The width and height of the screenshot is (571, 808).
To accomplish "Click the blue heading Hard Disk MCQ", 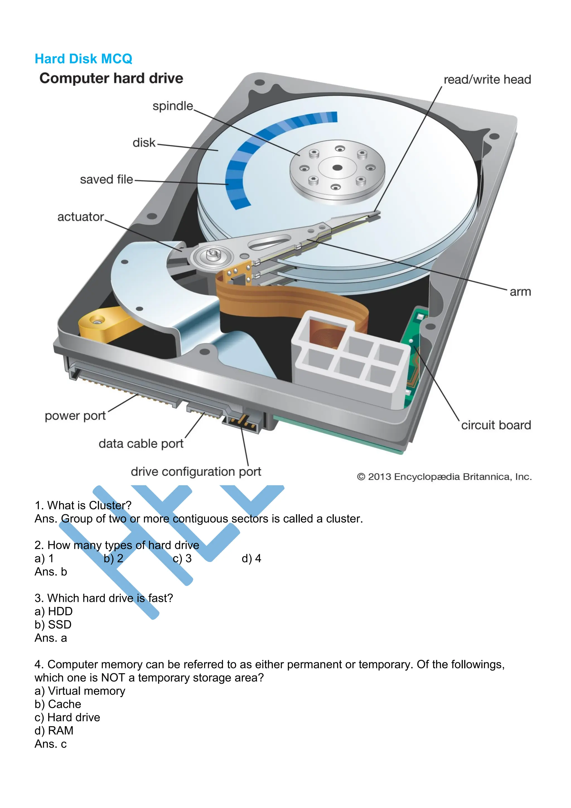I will coord(83,59).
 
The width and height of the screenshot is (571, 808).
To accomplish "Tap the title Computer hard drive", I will coord(111,78).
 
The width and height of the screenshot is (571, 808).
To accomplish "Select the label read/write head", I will coord(487,80).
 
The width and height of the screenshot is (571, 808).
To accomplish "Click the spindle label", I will coord(173,106).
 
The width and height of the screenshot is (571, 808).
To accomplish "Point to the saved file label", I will coord(107,179).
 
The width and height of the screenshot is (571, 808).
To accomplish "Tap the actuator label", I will coord(81,217).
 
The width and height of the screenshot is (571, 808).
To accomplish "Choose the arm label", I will coord(520,292).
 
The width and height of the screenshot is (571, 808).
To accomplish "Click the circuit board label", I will coord(496,425).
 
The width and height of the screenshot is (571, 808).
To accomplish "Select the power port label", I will coord(75,416).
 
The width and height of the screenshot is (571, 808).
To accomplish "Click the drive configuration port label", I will coord(196,472).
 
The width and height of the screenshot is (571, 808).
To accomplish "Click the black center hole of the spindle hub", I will coord(337,167).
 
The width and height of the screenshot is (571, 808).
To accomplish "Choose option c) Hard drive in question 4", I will coord(67,718).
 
